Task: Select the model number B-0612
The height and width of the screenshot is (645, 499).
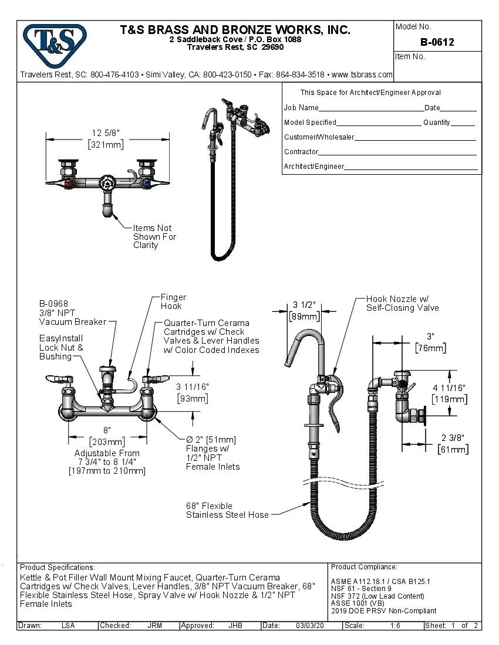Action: click(437, 42)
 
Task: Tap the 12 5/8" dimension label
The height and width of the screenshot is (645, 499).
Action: click(106, 138)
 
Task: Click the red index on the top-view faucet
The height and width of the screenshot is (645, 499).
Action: click(71, 184)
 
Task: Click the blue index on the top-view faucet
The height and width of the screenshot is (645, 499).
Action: click(145, 184)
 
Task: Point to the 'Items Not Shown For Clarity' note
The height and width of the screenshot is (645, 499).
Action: click(154, 237)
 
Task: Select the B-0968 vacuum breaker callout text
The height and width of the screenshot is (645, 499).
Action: click(72, 313)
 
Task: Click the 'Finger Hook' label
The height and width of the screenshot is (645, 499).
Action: click(173, 302)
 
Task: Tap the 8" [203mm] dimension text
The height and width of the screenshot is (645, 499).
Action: click(107, 436)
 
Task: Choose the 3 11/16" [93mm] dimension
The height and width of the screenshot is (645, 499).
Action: click(192, 393)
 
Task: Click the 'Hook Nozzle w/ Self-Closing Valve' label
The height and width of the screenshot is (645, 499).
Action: click(402, 303)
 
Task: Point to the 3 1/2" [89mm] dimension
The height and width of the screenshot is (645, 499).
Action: click(304, 311)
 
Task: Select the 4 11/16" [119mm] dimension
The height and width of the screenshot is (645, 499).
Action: click(449, 393)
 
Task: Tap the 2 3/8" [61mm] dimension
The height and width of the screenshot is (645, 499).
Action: click(453, 443)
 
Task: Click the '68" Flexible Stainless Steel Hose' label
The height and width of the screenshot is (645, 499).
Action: click(227, 510)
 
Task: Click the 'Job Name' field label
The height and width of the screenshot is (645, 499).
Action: click(301, 108)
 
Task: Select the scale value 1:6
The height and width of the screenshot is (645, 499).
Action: click(395, 626)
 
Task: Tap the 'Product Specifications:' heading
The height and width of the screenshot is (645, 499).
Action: click(57, 567)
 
